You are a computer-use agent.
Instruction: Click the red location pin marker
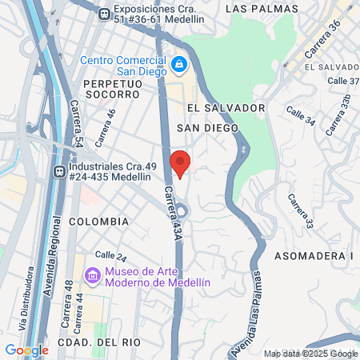[181, 162]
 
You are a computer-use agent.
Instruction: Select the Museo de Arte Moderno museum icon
[93, 276]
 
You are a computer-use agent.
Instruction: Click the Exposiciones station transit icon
[104, 14]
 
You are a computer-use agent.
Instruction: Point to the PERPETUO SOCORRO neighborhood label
[111, 89]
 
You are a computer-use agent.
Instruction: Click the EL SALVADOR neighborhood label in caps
[226, 107]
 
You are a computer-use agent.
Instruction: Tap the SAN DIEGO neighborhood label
[208, 128]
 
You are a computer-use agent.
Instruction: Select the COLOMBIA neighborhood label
[98, 221]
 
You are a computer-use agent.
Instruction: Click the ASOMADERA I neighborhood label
[314, 256]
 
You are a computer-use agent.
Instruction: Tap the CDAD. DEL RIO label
[100, 342]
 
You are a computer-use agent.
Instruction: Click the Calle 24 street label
[111, 256]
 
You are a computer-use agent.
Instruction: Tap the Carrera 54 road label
[76, 122]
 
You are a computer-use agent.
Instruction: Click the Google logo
[26, 350]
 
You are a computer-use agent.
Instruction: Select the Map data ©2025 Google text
[311, 354]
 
